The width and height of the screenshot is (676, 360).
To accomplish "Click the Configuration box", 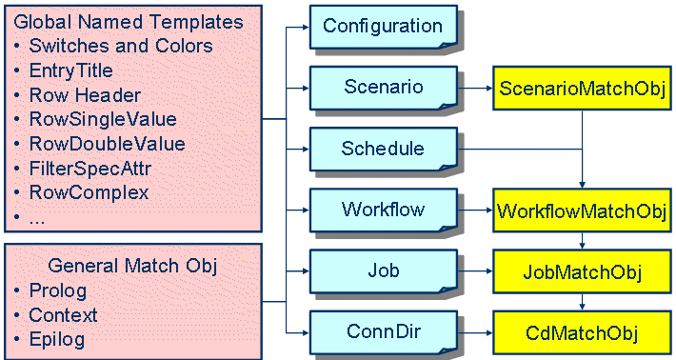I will tap(383, 27).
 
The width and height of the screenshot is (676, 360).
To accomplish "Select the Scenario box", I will tap(383, 88).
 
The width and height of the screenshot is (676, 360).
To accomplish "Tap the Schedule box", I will tap(383, 149).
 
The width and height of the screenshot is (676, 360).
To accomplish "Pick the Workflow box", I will tap(383, 209).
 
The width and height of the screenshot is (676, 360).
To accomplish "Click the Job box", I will tap(383, 270).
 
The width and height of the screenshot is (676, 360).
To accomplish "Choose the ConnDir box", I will tap(383, 331).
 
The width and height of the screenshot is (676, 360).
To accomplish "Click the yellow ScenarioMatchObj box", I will tap(582, 90).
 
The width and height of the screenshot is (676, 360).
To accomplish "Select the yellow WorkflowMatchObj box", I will tap(582, 211).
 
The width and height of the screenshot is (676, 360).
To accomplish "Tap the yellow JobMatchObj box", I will tap(582, 273).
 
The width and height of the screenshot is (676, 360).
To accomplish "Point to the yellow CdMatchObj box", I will tap(582, 333).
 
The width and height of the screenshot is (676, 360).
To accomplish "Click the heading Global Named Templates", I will tap(129, 21).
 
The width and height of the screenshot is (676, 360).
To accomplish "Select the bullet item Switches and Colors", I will tap(121, 46).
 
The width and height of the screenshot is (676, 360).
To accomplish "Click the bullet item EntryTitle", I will tap(71, 70).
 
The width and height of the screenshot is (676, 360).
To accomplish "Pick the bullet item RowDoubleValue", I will tap(107, 144).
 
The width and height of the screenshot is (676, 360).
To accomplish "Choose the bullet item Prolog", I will tap(58, 290).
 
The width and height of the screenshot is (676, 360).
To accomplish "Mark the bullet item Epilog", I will tap(57, 339).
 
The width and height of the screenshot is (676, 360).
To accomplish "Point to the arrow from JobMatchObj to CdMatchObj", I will tap(582, 301).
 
